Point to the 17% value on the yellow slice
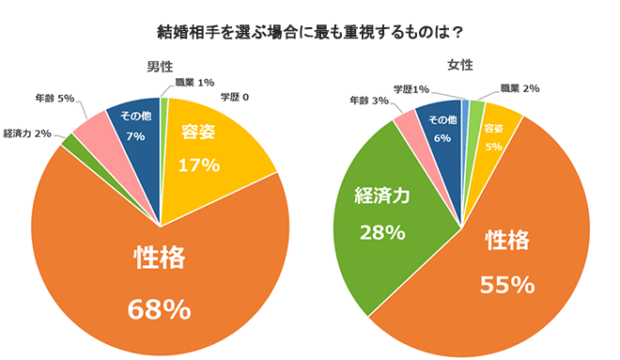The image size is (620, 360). [x=200, y=164]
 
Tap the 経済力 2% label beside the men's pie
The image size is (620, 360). [x=27, y=133]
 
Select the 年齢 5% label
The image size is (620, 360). [x=54, y=97]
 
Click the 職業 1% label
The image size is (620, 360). [x=193, y=83]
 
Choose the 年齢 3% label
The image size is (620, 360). [x=369, y=100]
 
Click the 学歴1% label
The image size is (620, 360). [x=411, y=89]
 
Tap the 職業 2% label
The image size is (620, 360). [x=519, y=88]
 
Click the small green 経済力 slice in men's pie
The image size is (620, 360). [x=70, y=143]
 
